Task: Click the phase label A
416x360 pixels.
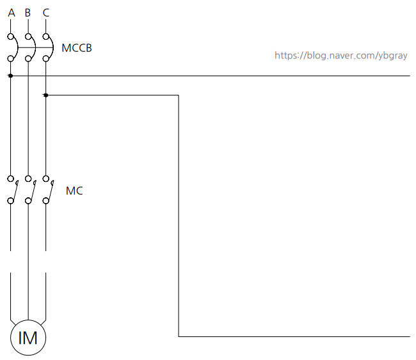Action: [x=12, y=13]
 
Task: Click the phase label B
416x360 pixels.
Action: [x=28, y=13]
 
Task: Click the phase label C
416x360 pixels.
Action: [x=46, y=13]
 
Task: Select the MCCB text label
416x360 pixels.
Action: [x=77, y=48]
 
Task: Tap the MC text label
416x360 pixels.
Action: [x=74, y=191]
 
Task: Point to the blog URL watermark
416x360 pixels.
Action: [x=341, y=56]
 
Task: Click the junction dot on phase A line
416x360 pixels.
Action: [x=11, y=76]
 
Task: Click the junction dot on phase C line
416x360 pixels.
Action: [x=46, y=95]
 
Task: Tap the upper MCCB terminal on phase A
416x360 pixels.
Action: [x=11, y=37]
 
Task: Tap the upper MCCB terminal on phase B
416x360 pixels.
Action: [x=28, y=37]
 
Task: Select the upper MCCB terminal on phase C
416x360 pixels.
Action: [x=46, y=37]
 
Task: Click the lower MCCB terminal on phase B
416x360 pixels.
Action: [x=28, y=58]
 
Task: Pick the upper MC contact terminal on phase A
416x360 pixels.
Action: [x=11, y=179]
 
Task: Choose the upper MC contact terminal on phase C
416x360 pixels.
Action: [x=46, y=179]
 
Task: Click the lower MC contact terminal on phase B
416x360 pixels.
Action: [x=28, y=200]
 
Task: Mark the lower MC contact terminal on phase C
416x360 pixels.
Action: [x=46, y=200]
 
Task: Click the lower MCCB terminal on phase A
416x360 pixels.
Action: [x=11, y=58]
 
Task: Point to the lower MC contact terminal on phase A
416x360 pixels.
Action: [x=11, y=200]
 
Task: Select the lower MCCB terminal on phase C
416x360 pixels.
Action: [x=46, y=58]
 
